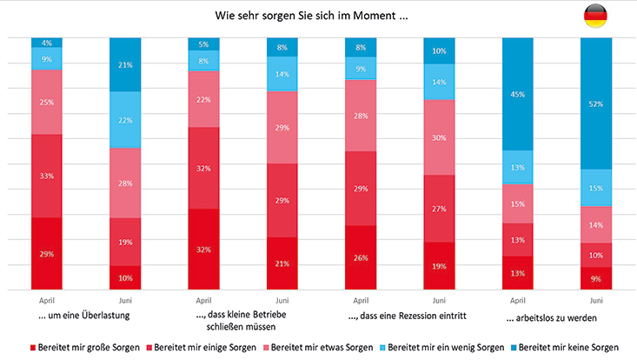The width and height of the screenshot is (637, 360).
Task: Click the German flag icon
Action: point(595,16)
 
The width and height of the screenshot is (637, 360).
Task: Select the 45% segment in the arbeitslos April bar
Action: point(518,94)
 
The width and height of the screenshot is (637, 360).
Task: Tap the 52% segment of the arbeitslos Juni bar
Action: point(596,103)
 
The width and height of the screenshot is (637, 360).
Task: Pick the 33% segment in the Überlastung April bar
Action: point(47,176)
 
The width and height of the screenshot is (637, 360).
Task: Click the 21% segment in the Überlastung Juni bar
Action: point(125,64)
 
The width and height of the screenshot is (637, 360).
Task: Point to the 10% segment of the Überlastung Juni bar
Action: point(125,277)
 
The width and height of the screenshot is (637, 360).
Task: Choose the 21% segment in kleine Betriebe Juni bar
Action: point(282,263)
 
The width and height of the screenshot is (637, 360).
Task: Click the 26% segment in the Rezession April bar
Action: point(361,257)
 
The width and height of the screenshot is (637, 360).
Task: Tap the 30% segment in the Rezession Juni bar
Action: point(439,137)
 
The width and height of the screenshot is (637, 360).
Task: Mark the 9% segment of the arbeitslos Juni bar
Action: point(596,278)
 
